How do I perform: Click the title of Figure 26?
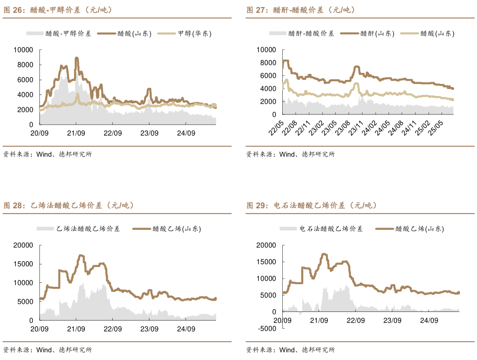click(58, 9)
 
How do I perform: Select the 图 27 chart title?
click(301, 9)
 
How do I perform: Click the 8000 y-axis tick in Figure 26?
click(26, 65)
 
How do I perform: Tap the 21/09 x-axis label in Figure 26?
click(76, 133)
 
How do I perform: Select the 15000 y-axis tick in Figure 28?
click(24, 264)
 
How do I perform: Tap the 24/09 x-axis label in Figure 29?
click(429, 320)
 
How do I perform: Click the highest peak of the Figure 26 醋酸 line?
click(77, 58)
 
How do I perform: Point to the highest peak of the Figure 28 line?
click(81, 255)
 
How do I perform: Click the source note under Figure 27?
click(290, 154)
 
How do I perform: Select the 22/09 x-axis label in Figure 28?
click(113, 329)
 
